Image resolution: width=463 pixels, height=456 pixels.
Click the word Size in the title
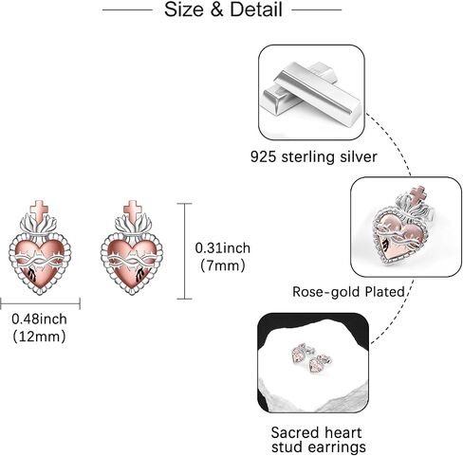coord(184,9)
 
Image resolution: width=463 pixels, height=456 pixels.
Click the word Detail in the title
coord(256,9)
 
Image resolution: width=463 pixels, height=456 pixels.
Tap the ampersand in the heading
coord(216,9)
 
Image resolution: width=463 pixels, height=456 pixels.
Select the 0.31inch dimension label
coord(223,248)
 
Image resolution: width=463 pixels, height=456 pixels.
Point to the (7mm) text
coord(223,265)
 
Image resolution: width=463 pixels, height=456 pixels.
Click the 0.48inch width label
coord(39,319)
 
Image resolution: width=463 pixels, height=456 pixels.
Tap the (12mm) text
coord(39,337)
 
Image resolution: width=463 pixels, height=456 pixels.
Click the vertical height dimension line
coord(184,251)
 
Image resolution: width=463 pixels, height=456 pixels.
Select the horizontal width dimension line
coord(40,303)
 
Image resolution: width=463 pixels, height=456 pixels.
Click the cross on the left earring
coord(39,210)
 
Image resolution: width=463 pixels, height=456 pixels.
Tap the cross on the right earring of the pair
coord(132,210)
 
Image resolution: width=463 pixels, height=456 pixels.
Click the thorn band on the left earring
coord(39,261)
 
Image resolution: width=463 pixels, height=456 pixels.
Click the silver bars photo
coord(312,92)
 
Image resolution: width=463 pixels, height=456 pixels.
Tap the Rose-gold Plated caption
coord(348,292)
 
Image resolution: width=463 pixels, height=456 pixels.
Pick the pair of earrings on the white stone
coord(311,359)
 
